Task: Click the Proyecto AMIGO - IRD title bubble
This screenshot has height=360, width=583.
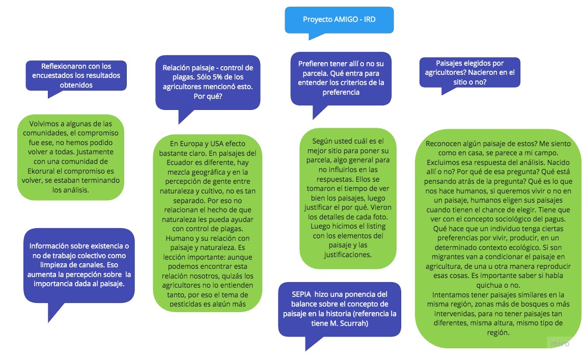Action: [x=339, y=19]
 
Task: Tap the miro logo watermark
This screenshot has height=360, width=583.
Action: [x=561, y=343]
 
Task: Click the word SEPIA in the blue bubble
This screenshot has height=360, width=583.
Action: [x=302, y=294]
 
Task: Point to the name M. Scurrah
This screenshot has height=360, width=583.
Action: [x=351, y=323]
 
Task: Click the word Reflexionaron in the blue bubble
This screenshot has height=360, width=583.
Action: [x=63, y=66]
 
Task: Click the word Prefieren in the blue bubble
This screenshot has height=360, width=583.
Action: [x=313, y=63]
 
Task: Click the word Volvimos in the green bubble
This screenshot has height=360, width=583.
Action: [x=44, y=124]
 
